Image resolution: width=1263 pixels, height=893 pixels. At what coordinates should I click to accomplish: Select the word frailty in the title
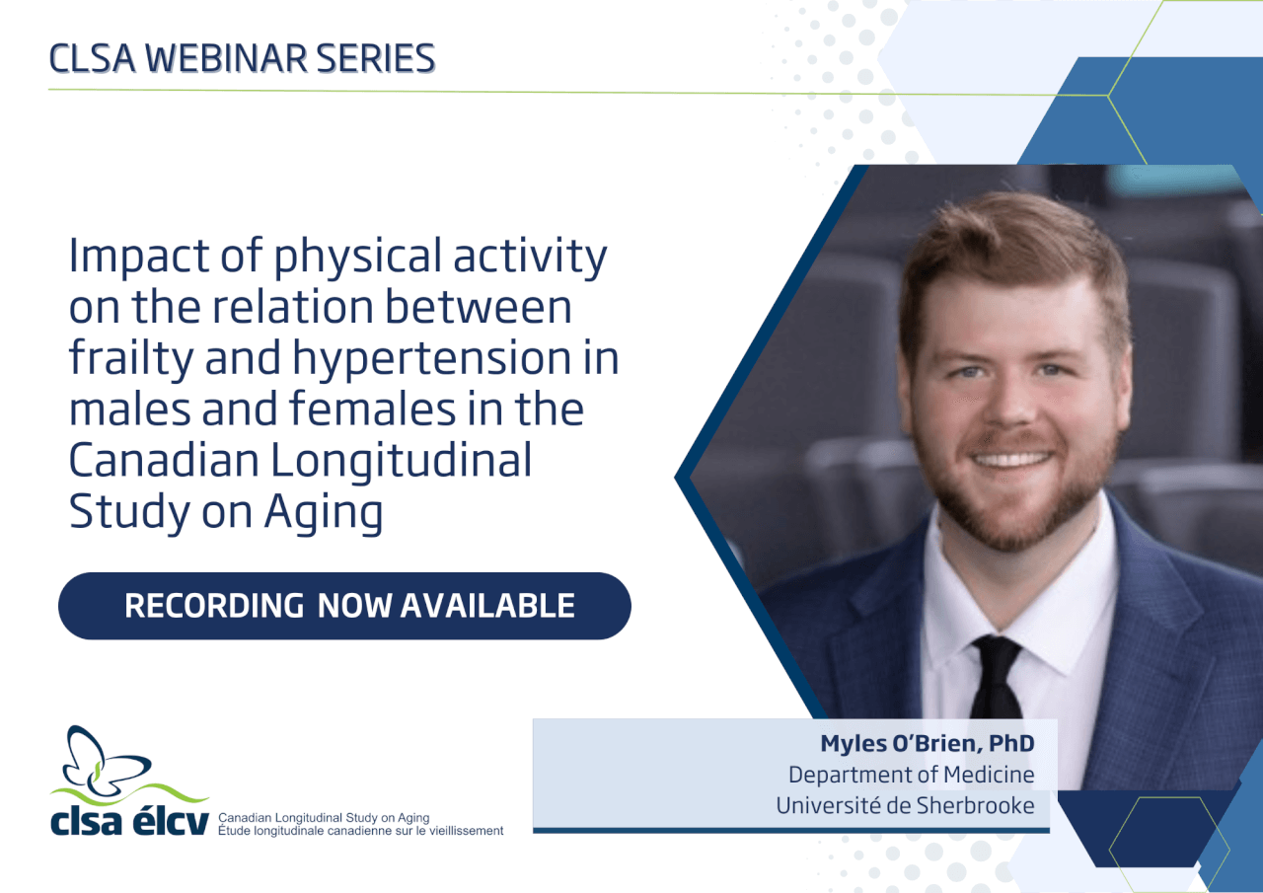coord(131,360)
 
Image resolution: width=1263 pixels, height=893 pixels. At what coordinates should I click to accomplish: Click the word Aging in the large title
coord(324,513)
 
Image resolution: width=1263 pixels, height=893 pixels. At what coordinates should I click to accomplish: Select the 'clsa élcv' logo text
coord(129,820)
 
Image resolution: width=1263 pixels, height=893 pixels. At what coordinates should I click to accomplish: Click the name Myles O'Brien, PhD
coord(928,744)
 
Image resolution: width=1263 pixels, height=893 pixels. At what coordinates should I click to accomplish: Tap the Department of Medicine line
coord(911,775)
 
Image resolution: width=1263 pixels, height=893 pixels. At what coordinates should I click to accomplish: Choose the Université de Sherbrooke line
coord(905,805)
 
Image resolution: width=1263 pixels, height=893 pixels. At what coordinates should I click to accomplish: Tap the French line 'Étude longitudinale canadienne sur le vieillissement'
coord(361,831)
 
